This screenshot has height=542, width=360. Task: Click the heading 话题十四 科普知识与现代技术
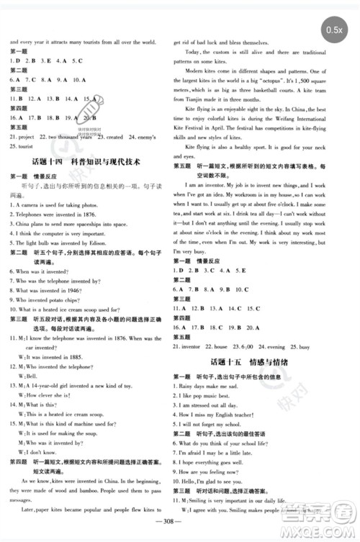point(91,182)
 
